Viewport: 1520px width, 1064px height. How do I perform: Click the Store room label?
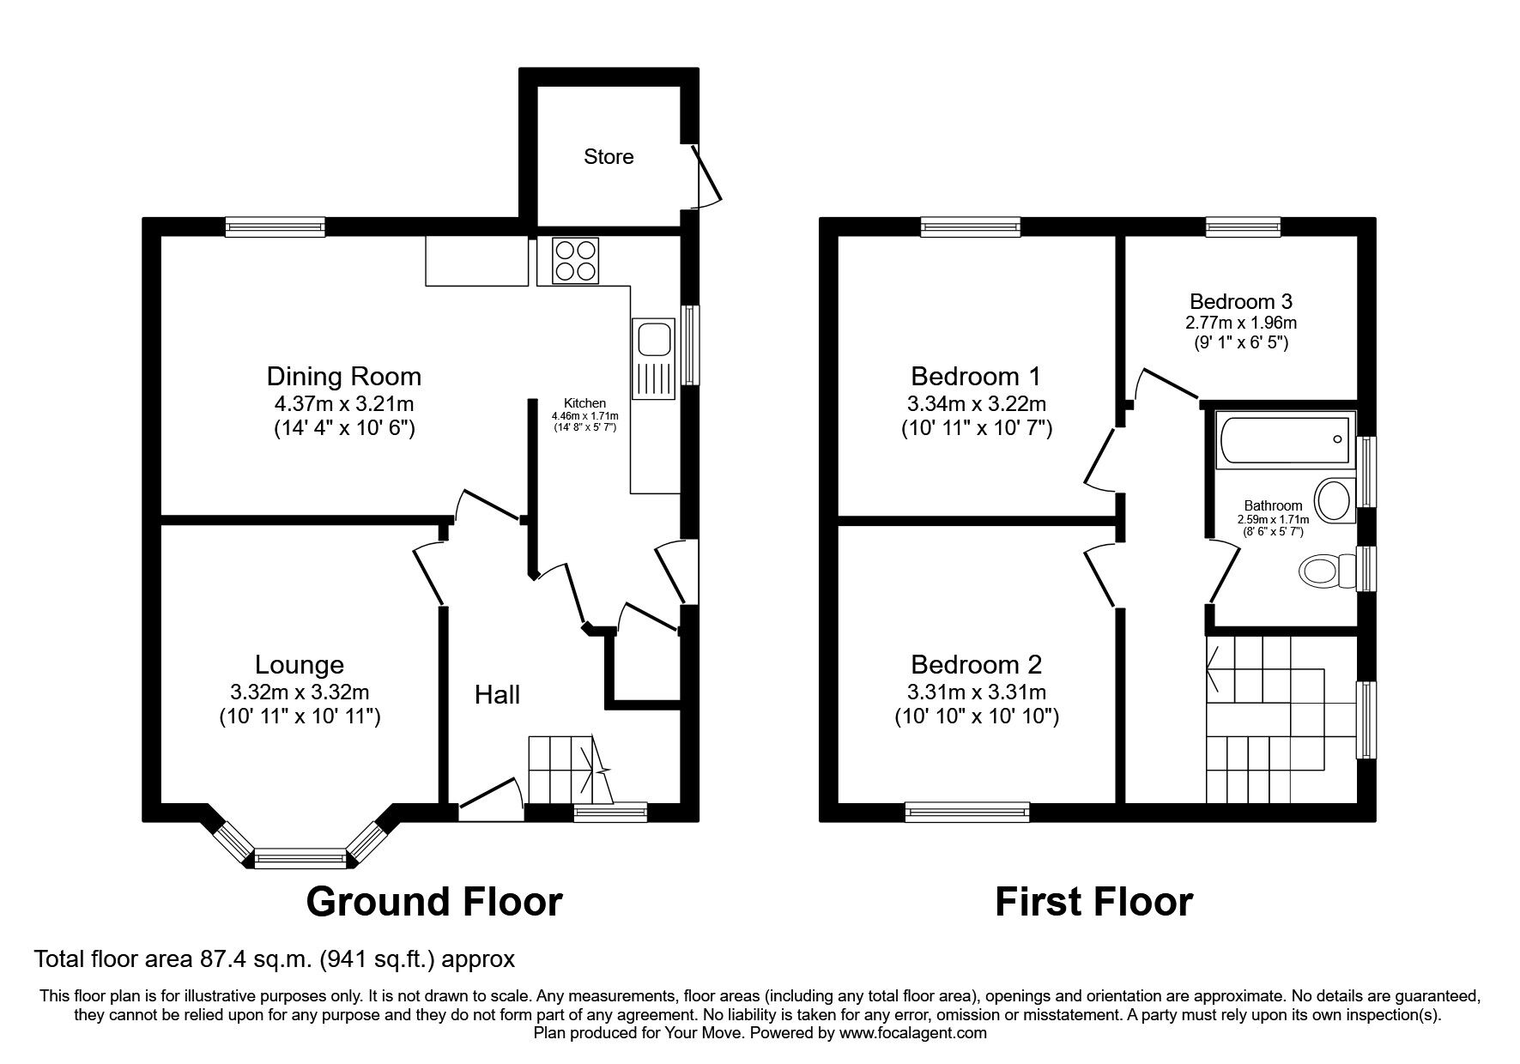(x=609, y=156)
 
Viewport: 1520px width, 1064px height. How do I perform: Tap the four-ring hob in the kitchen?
(x=575, y=260)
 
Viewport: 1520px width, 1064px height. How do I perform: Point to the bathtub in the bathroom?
(x=1283, y=442)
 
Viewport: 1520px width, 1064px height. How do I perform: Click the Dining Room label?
(x=343, y=376)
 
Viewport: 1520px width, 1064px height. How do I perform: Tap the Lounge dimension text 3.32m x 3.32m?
(x=300, y=692)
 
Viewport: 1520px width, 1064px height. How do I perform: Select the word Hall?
(x=498, y=694)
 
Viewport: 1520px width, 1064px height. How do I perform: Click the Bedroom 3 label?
(x=1240, y=302)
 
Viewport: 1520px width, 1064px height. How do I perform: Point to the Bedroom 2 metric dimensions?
(x=976, y=692)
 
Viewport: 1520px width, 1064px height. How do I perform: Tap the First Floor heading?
(x=1093, y=902)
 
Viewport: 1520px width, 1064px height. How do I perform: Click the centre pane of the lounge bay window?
(x=300, y=857)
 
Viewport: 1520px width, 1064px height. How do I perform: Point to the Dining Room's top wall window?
(x=276, y=227)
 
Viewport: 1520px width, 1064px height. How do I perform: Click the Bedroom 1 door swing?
(x=1099, y=459)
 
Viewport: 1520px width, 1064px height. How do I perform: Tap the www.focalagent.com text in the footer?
(x=912, y=1033)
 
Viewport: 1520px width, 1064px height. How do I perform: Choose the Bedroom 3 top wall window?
(x=1243, y=227)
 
